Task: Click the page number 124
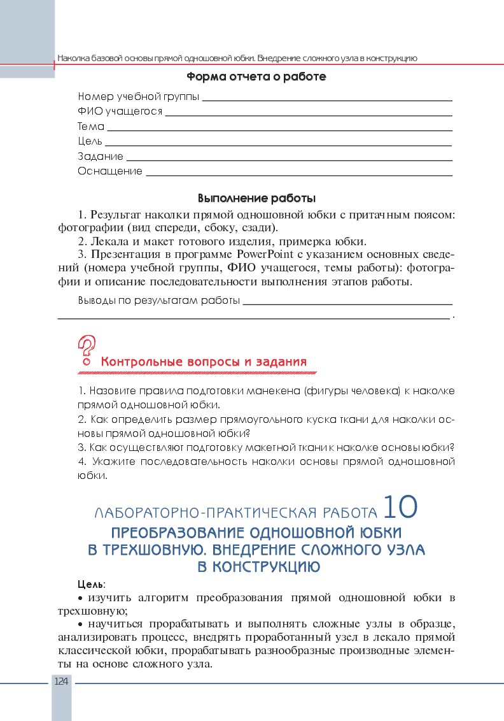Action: point(62,682)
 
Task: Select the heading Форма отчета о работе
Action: point(256,77)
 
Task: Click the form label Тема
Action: point(91,127)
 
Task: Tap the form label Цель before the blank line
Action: point(90,141)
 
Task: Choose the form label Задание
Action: point(101,156)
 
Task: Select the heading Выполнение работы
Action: point(256,198)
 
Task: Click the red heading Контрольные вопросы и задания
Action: point(204,362)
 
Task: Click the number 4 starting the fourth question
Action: point(81,461)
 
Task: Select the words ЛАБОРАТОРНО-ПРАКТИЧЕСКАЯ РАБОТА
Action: point(235,513)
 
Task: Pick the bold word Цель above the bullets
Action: point(90,583)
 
